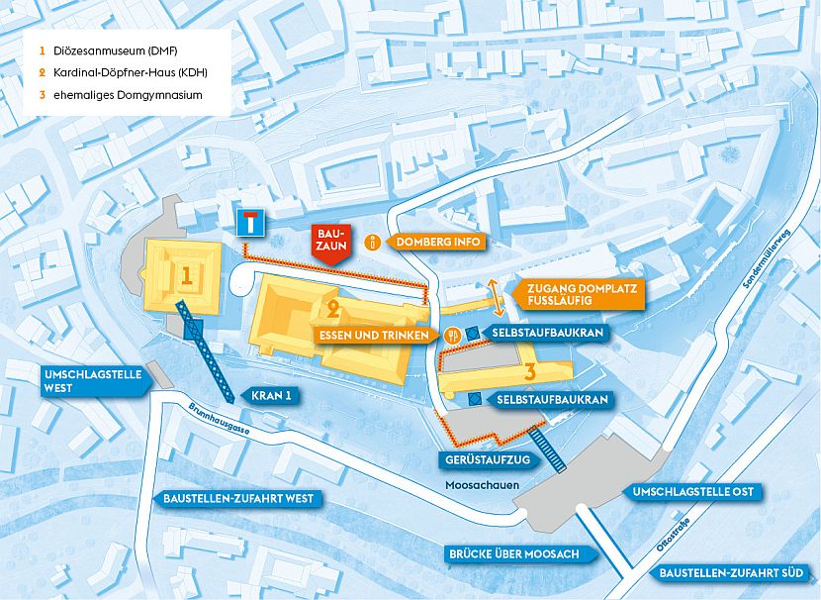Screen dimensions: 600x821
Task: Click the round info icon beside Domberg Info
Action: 373,242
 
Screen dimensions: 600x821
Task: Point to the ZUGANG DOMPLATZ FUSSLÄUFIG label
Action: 580,293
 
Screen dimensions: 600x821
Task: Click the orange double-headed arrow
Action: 491,293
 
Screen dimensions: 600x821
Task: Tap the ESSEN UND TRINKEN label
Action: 374,336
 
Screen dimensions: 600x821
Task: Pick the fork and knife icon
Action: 451,336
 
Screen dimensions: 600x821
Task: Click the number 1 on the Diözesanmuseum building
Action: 185,271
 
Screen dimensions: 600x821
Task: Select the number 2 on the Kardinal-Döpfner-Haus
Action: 333,308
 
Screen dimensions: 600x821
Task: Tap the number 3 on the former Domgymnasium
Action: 530,372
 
